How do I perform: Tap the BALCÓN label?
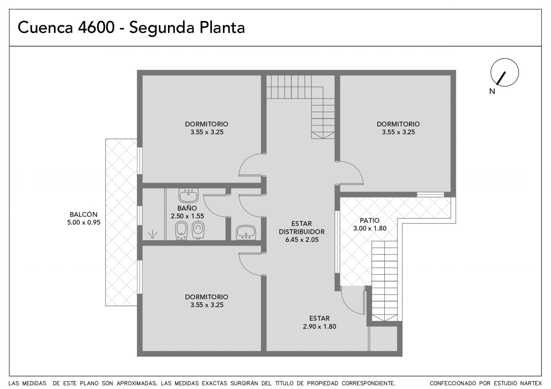(x=84, y=214)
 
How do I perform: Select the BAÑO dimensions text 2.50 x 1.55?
(x=187, y=216)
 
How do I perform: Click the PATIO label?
(x=370, y=220)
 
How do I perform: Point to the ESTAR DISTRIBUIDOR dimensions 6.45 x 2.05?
(x=302, y=240)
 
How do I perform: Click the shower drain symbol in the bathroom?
(x=153, y=235)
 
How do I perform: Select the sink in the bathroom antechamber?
(x=246, y=232)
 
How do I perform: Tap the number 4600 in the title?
(x=96, y=27)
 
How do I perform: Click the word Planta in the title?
(x=222, y=27)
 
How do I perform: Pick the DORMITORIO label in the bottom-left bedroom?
(x=207, y=297)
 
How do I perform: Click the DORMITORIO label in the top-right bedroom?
(x=398, y=124)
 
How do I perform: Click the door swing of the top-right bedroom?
(x=356, y=168)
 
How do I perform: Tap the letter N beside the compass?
(x=492, y=91)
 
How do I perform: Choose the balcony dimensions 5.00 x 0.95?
(x=84, y=222)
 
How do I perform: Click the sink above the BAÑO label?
(x=188, y=196)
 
